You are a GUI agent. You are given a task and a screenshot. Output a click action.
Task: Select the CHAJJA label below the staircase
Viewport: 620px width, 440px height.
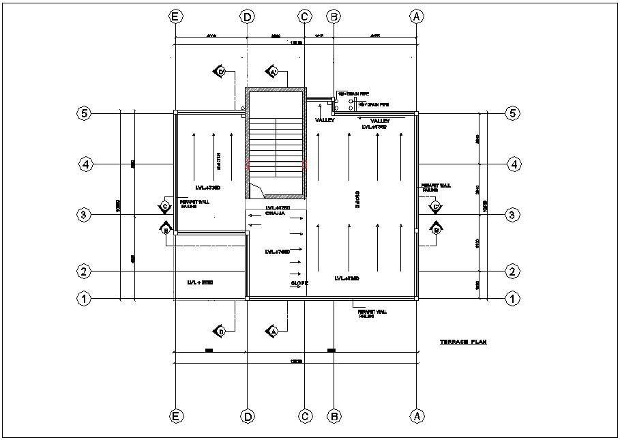pos(274,214)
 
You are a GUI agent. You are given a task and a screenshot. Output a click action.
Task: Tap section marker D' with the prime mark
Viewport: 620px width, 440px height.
pos(220,71)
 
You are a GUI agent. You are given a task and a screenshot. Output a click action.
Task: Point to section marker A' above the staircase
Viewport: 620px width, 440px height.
pos(273,72)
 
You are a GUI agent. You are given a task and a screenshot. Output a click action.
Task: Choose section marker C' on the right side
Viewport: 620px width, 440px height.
pos(435,206)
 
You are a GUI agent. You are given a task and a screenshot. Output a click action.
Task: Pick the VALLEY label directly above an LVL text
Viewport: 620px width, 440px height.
pos(380,120)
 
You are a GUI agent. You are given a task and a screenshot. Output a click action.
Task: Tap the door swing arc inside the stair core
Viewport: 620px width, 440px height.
pos(255,190)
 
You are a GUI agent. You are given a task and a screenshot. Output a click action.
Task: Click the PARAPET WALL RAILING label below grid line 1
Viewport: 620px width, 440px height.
pos(372,313)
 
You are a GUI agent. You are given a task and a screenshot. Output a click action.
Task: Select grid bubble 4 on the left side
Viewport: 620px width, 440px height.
pos(85,164)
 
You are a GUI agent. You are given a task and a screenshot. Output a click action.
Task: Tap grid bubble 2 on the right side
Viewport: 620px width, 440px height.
pos(512,272)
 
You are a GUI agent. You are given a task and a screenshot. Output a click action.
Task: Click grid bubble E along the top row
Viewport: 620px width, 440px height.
pos(176,16)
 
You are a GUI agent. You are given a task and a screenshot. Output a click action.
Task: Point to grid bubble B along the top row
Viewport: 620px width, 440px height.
pos(334,16)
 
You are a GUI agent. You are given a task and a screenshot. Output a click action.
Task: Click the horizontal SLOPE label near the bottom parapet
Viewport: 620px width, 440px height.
pos(300,282)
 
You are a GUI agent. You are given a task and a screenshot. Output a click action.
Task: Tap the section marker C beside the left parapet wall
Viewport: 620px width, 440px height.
pos(164,205)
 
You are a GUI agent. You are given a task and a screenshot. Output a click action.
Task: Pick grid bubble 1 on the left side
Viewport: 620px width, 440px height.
pos(84,298)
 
